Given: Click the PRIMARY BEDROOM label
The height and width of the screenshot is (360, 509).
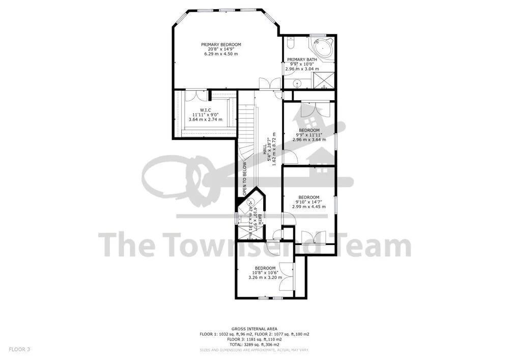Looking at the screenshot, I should pyautogui.click(x=221, y=44).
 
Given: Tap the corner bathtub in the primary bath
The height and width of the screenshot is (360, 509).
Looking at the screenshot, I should pyautogui.click(x=322, y=48).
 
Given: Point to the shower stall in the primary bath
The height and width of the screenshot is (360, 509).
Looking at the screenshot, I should pyautogui.click(x=323, y=80).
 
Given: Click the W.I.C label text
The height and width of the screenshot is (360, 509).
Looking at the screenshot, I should pyautogui.click(x=206, y=109).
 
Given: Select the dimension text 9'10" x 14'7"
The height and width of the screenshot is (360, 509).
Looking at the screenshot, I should pyautogui.click(x=309, y=202).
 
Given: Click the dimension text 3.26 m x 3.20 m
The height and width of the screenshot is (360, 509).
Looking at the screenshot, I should pyautogui.click(x=265, y=278).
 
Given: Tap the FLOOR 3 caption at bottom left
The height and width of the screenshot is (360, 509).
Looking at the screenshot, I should pyautogui.click(x=19, y=349).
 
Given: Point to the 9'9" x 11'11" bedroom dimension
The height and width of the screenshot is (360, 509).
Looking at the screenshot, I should pyautogui.click(x=309, y=134).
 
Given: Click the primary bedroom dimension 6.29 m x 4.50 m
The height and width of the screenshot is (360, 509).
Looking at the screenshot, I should pyautogui.click(x=221, y=53).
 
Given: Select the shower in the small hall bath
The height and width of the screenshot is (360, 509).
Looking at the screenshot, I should pyautogui.click(x=248, y=232).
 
